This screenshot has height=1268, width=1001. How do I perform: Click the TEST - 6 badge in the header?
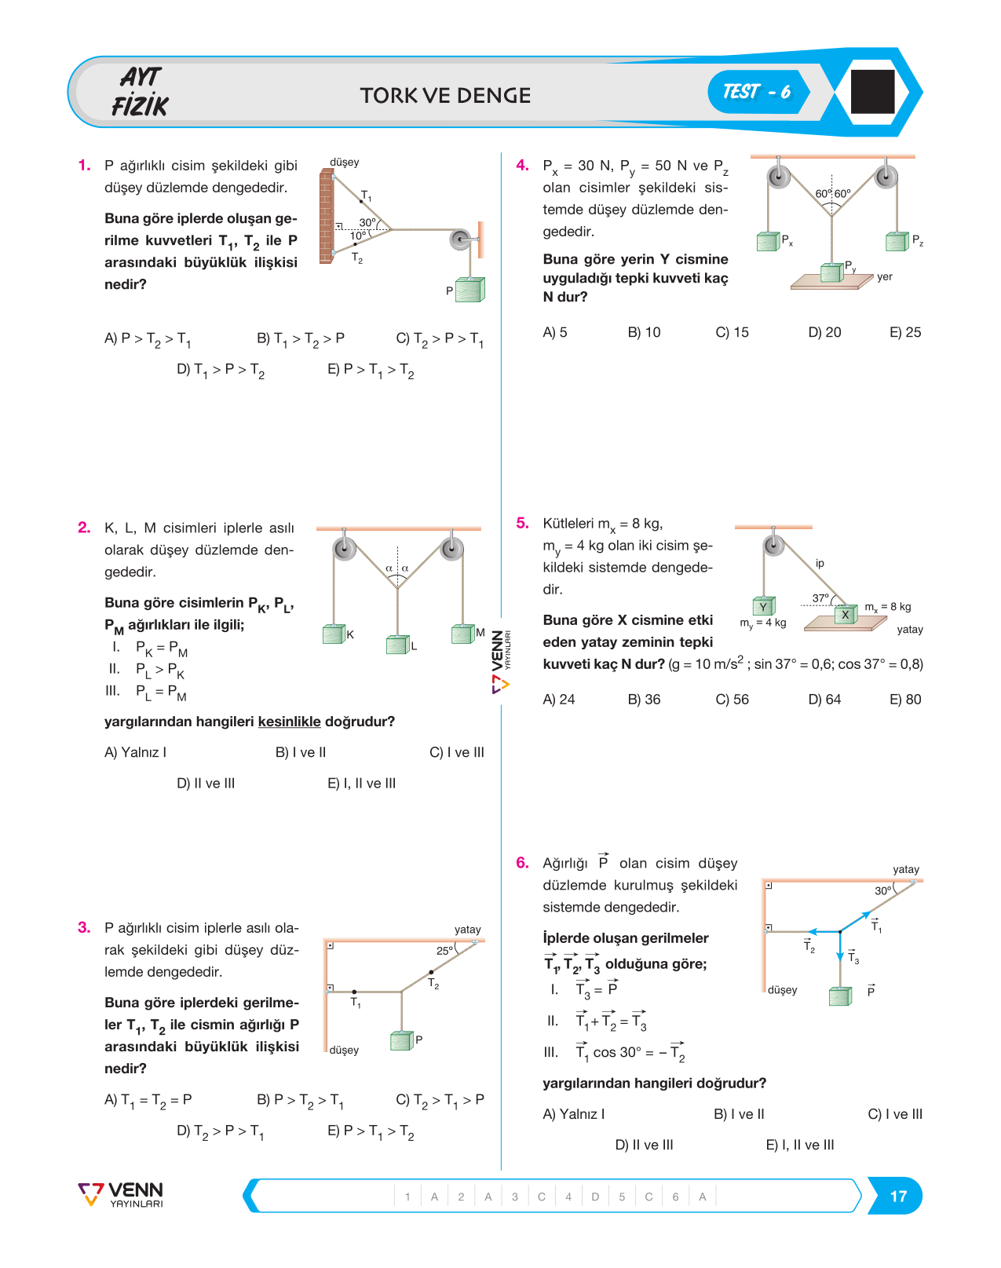pyautogui.click(x=758, y=92)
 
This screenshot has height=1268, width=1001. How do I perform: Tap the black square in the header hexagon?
pyautogui.click(x=872, y=91)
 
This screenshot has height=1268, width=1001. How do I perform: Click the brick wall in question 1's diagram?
pyautogui.click(x=327, y=216)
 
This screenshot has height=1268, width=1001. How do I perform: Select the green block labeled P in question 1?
pyautogui.click(x=470, y=289)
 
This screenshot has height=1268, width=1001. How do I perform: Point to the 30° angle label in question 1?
pyautogui.click(x=367, y=222)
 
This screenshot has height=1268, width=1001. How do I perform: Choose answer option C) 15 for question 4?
pyautogui.click(x=732, y=332)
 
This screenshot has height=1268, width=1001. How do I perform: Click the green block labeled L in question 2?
pyautogui.click(x=398, y=644)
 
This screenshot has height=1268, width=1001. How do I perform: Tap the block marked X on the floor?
pyautogui.click(x=846, y=614)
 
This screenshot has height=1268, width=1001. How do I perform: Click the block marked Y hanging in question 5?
pyautogui.click(x=764, y=605)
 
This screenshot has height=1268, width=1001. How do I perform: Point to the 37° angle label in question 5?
pyautogui.click(x=820, y=598)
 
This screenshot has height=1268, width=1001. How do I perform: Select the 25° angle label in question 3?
pyautogui.click(x=444, y=950)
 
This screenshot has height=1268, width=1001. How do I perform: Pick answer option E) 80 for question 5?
pyautogui.click(x=905, y=700)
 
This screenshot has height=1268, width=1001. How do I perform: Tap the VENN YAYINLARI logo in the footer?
pyautogui.click(x=121, y=1194)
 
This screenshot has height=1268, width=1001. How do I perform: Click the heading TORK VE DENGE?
pyautogui.click(x=445, y=96)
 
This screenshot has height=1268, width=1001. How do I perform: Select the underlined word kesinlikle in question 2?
pyautogui.click(x=289, y=722)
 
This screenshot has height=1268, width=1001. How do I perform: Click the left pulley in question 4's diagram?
pyautogui.click(x=778, y=176)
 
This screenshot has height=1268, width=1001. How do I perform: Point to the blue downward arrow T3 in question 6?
pyautogui.click(x=840, y=946)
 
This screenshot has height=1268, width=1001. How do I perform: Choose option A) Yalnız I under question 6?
pyautogui.click(x=573, y=1114)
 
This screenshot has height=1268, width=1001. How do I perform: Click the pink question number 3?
pyautogui.click(x=84, y=927)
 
